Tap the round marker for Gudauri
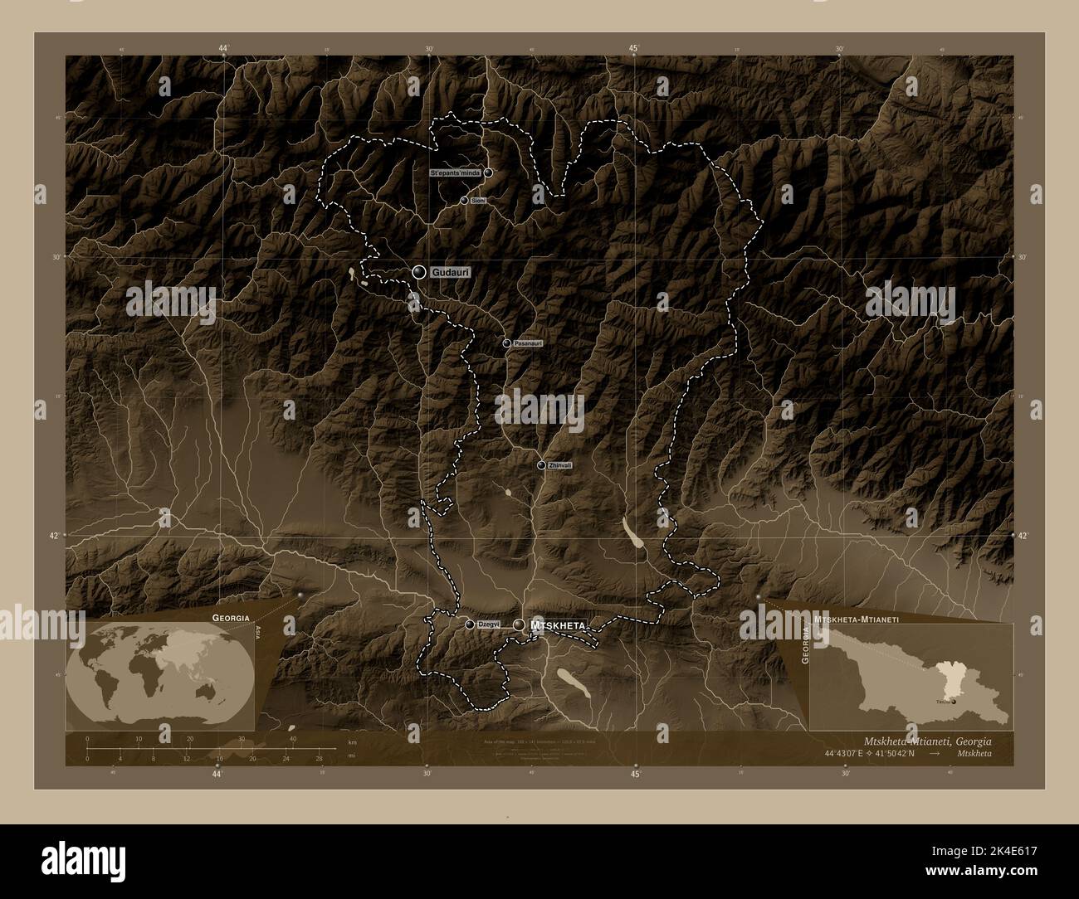[419, 272]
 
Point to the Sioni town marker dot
[464, 201]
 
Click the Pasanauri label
[528, 343]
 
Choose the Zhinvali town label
[559, 466]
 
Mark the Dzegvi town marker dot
[470, 624]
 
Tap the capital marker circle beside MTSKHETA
[520, 624]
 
